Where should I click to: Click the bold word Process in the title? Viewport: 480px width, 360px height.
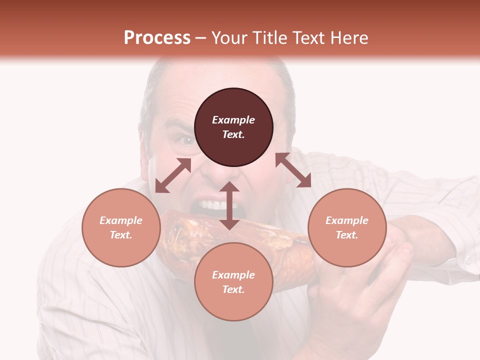click(x=157, y=37)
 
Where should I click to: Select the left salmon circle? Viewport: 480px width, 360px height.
click(x=121, y=227)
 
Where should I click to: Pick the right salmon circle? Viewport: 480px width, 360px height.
click(x=347, y=227)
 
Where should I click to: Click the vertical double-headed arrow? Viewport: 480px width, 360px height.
click(x=229, y=205)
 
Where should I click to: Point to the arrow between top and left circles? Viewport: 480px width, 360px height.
click(x=173, y=175)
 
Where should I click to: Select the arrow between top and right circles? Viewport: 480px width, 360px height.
click(x=293, y=170)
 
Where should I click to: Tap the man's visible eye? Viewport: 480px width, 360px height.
click(x=187, y=141)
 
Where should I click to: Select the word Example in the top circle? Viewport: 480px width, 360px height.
click(x=233, y=120)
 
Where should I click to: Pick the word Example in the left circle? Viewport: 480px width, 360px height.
click(x=121, y=220)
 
